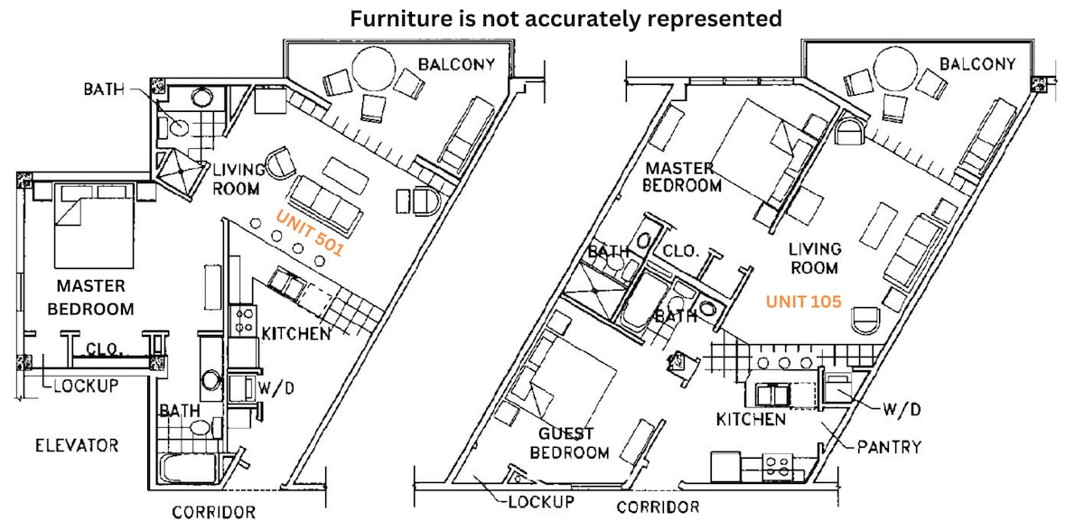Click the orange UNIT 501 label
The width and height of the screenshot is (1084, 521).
click(310, 233)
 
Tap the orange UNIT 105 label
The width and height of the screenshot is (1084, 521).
click(803, 302)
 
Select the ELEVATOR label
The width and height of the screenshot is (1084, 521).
click(77, 445)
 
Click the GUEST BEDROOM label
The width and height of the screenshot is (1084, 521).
click(569, 443)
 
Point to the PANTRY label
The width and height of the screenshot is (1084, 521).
click(889, 447)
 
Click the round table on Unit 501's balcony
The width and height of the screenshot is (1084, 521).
click(374, 69)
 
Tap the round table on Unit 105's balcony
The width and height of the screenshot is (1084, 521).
click(895, 69)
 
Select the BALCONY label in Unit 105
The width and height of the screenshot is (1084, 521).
click(977, 64)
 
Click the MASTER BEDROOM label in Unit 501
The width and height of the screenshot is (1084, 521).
click(90, 297)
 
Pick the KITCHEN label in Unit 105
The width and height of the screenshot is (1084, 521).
click(751, 419)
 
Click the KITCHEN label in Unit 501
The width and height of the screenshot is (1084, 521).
click(296, 333)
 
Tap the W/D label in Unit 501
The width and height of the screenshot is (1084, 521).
click(276, 388)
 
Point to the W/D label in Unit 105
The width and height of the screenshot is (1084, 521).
click(902, 410)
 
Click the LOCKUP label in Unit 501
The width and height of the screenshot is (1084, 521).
click(86, 386)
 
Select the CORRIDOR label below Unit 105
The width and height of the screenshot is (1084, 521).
click(658, 507)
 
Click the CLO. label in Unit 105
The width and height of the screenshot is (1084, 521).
click(681, 251)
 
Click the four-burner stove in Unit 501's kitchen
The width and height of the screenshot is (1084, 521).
click(243, 320)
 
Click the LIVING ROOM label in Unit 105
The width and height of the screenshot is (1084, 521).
click(815, 258)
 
